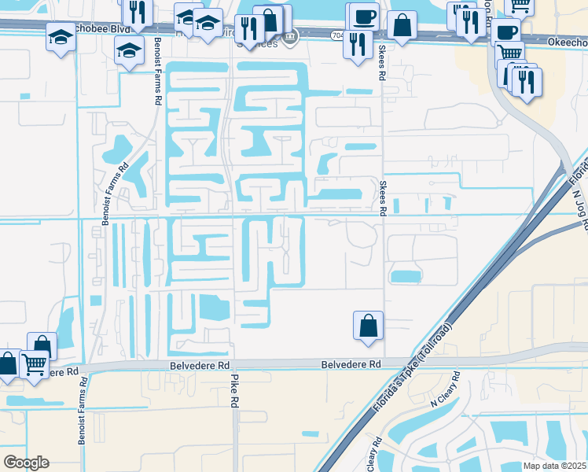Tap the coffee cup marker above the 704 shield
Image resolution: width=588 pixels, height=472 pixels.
[x=362, y=16]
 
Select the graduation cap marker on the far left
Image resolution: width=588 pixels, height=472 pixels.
[x=61, y=36]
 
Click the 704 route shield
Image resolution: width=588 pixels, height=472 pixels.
[x=337, y=35]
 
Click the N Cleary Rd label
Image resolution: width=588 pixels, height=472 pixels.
[x=449, y=396]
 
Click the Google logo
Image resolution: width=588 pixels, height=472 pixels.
[x=26, y=463]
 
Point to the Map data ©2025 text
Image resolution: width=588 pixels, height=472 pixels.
[x=554, y=466]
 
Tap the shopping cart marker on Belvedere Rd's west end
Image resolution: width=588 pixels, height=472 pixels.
[x=35, y=365]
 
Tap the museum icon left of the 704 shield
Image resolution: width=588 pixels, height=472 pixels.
[x=290, y=36]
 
